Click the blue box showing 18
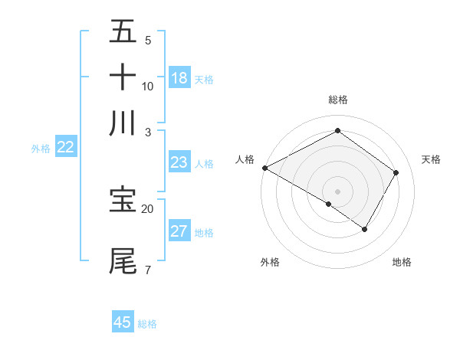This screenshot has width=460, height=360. tap(179, 78)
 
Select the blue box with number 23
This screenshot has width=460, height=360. tap(179, 162)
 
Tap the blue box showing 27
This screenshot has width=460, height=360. tap(179, 231)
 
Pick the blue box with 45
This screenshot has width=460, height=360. tap(123, 322)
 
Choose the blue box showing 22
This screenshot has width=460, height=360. tap(65, 148)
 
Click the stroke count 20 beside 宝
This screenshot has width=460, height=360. tap(147, 208)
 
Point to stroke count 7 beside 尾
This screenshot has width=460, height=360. tap(147, 270)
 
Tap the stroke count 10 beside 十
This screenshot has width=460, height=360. tap(147, 86)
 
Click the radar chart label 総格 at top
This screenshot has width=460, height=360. tap(338, 100)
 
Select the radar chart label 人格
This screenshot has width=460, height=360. tap(245, 159)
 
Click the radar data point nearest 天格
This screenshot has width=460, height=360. tap(396, 172)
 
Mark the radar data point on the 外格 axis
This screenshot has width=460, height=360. tap(329, 204)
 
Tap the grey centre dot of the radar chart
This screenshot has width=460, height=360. tap(337, 191)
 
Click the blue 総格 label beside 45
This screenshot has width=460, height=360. tap(147, 324)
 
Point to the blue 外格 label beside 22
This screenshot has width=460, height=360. tap(41, 149)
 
